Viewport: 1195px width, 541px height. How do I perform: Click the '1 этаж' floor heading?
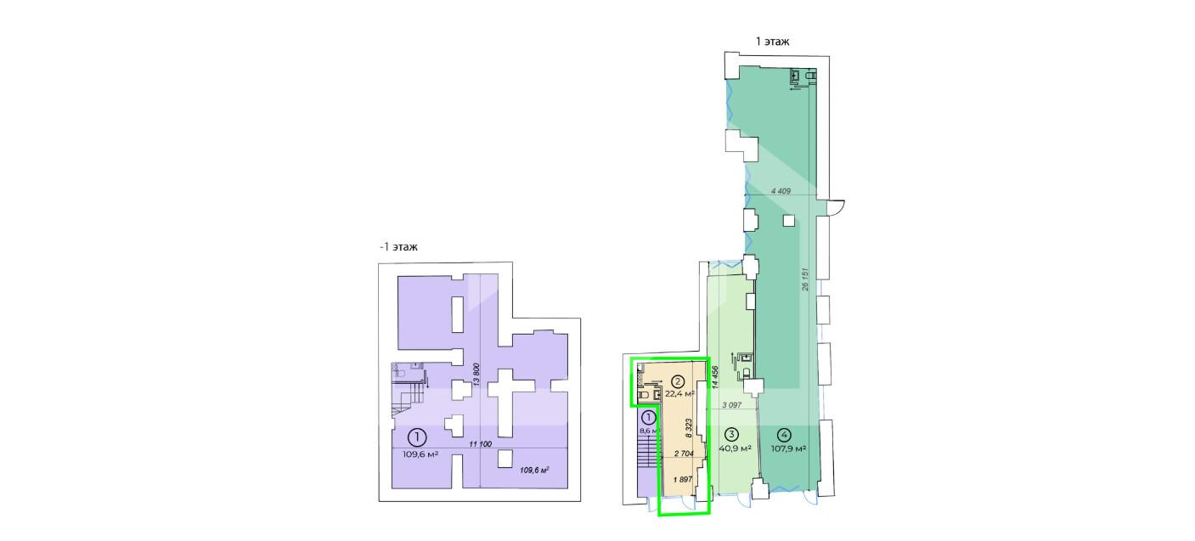772,42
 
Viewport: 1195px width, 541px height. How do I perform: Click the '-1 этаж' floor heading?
398,247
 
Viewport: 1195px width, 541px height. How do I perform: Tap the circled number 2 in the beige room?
678,381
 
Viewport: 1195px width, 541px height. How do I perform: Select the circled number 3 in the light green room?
731,434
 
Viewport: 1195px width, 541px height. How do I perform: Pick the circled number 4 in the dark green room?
785,434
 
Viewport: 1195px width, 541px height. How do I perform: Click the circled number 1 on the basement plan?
417,437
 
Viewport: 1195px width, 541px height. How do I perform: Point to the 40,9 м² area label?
736,448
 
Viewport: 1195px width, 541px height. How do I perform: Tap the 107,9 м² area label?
788,448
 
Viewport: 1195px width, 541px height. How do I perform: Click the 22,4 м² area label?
679,394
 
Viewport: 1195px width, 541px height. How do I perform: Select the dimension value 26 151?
805,279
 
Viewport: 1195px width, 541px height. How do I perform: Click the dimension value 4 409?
781,190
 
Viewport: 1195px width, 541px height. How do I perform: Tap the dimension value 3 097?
732,405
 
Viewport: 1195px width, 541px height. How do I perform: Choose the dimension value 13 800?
477,375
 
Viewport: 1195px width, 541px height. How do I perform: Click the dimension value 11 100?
480,444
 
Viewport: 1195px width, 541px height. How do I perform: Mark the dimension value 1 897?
683,479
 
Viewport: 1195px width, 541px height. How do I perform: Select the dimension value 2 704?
684,454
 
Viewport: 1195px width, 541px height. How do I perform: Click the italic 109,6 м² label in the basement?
534,470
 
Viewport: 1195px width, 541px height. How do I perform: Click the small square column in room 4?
789,220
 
